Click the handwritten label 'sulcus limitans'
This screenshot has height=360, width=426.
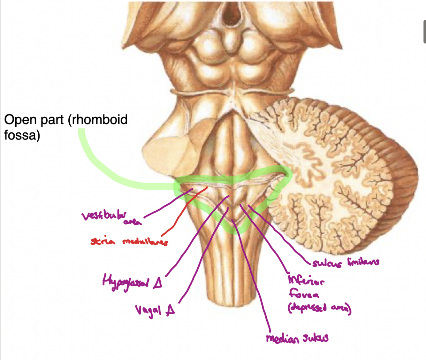pyautogui.click(x=346, y=262)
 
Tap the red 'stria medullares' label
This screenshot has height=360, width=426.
pyautogui.click(x=129, y=242)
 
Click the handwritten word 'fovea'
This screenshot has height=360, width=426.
pyautogui.click(x=304, y=294)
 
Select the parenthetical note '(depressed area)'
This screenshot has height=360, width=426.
pyautogui.click(x=319, y=308)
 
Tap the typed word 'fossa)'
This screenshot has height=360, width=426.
pyautogui.click(x=22, y=135)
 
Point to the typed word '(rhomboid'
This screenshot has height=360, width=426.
pyautogui.click(x=97, y=120)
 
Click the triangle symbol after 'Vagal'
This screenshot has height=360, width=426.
pyautogui.click(x=170, y=309)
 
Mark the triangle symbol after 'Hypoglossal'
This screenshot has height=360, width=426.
pyautogui.click(x=157, y=282)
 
